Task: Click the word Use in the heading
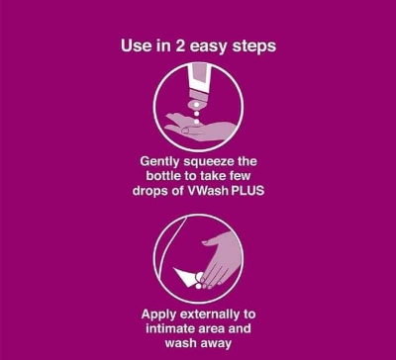pyautogui.click(x=133, y=45)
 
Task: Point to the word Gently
pyautogui.click(x=159, y=162)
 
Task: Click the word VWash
pyautogui.click(x=208, y=191)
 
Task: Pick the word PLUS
pyautogui.click(x=247, y=191)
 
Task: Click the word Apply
pyautogui.click(x=158, y=315)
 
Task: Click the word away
pyautogui.click(x=214, y=344)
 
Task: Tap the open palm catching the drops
pyautogui.click(x=200, y=127)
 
